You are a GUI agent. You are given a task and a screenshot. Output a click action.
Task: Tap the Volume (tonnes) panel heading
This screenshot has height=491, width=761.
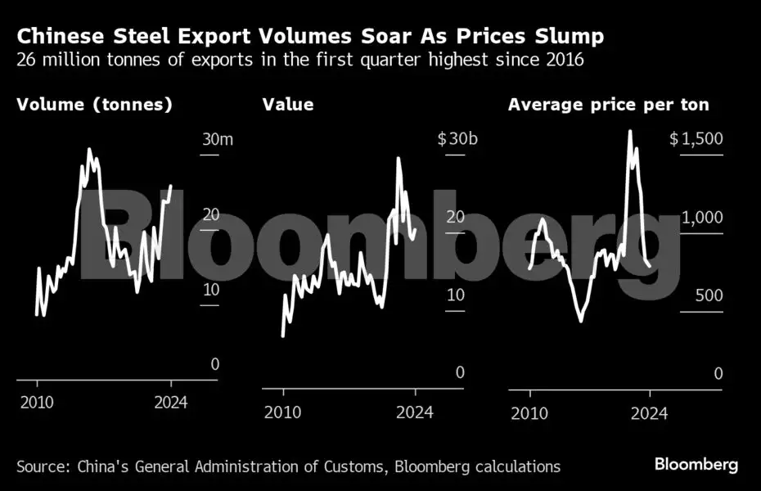pos(94,105)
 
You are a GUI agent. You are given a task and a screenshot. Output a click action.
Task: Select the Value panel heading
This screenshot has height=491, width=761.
pos(287,105)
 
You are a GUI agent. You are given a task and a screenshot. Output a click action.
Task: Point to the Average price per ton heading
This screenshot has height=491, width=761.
pos(608,105)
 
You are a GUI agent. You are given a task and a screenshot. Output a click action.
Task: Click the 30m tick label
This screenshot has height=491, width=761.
pos(218,139)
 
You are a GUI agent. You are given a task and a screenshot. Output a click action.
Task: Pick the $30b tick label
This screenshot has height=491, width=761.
pos(457,139)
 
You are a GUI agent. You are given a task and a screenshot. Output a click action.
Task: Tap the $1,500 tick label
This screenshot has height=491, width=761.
pos(696,139)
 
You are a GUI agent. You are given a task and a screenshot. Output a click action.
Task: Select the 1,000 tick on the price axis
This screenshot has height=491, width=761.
pos(703,218)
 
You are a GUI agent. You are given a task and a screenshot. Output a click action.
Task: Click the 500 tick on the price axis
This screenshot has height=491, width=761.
pos(709,295)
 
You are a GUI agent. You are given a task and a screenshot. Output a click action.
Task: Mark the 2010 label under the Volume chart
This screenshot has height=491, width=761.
pos(37,403)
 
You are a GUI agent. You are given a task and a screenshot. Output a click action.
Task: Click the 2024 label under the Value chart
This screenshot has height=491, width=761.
pos(416,412)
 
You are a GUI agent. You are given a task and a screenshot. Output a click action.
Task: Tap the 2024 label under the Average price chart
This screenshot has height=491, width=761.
pos(650,412)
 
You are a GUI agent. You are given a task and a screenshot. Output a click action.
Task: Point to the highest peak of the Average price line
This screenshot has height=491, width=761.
pos(629,132)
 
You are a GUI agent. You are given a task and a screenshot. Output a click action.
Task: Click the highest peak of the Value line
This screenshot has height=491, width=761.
pos(399,158)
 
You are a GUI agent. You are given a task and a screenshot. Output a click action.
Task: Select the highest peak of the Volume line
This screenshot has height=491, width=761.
pos(88,150)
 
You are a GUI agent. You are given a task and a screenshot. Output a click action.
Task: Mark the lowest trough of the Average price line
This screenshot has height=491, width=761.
pos(581,321)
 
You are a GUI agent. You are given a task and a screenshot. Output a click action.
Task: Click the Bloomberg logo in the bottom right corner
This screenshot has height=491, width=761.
pos(696,465)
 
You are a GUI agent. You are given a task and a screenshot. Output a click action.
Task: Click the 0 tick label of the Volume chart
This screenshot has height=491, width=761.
pos(214,364)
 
